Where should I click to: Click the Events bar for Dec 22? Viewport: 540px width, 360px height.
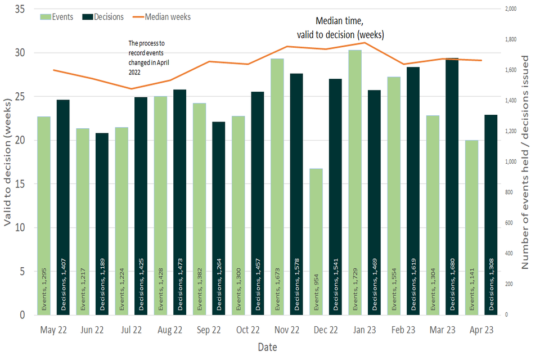[x=316, y=242]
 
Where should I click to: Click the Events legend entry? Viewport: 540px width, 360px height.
[x=57, y=17]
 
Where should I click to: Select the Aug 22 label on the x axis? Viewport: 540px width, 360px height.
[x=170, y=330]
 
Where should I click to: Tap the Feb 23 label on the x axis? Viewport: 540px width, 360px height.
[x=404, y=330]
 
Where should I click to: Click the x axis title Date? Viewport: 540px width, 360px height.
[x=267, y=347]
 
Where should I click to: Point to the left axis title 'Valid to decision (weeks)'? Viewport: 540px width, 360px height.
[x=8, y=163]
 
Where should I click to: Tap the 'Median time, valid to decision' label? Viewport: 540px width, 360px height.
[x=349, y=28]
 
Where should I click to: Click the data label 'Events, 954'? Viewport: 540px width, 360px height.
[x=316, y=293]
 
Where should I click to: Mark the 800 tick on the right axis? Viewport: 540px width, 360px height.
[x=509, y=192]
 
